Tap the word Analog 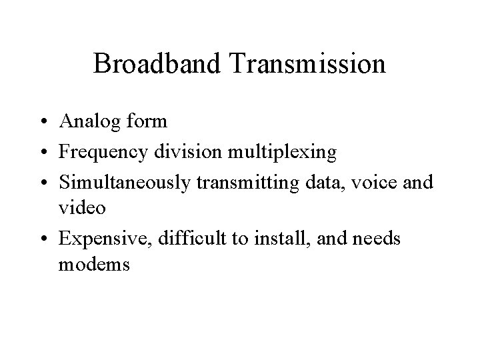[x=89, y=123]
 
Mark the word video [x=82, y=208]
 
